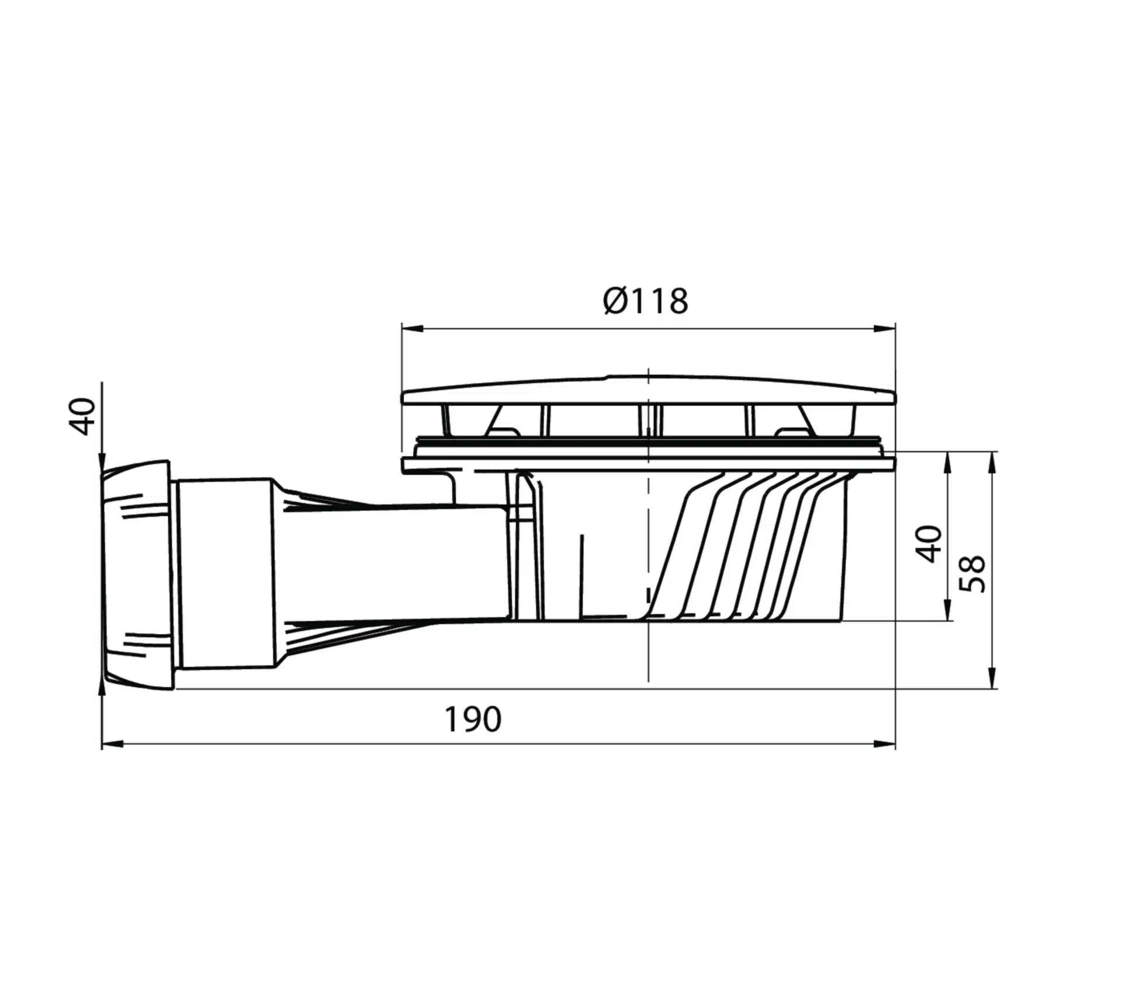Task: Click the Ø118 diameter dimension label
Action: point(645,301)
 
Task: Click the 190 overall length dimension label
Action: point(473,719)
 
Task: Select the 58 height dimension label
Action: point(973,573)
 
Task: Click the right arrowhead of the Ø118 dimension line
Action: point(885,329)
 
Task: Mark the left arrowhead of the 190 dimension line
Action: point(113,744)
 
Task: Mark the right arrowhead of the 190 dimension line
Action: point(885,744)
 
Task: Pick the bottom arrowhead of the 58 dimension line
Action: point(992,678)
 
